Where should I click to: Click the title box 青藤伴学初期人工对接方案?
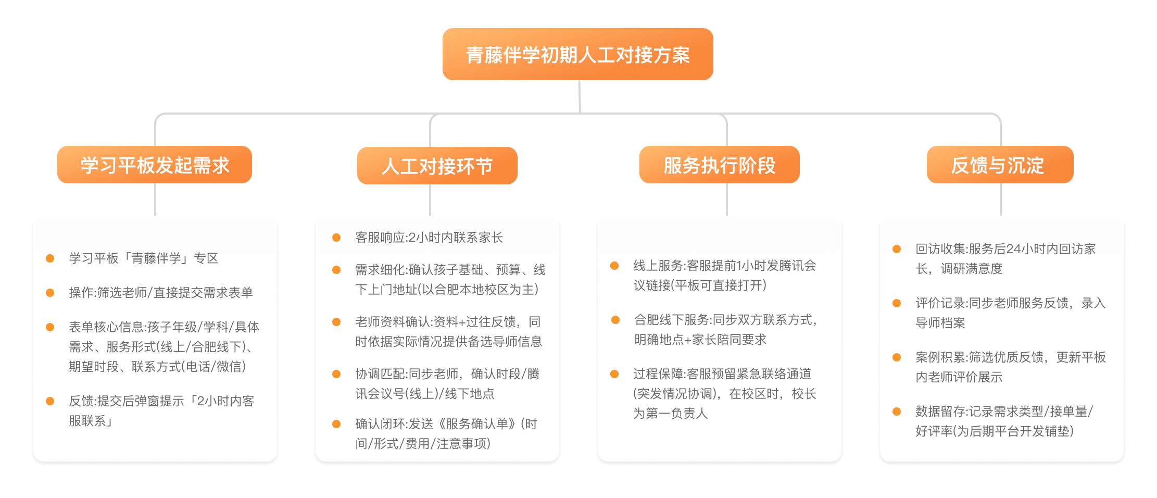click(x=577, y=54)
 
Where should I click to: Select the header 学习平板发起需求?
click(x=155, y=165)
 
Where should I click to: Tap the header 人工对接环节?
click(x=437, y=166)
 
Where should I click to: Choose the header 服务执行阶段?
click(x=719, y=165)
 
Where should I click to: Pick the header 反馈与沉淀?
click(x=1000, y=165)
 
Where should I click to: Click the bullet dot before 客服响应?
click(x=336, y=238)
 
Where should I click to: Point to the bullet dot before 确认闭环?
click(x=336, y=424)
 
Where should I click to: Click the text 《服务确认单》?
click(x=476, y=424)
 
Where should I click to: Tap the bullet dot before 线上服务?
click(x=614, y=266)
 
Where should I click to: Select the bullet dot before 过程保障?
click(x=614, y=374)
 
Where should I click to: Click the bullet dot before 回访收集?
click(x=897, y=249)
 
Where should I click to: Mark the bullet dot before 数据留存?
click(x=897, y=412)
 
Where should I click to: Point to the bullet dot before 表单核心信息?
click(x=50, y=327)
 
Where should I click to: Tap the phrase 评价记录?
click(x=940, y=303)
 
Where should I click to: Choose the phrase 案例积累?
click(x=940, y=357)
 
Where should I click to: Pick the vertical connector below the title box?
click(x=580, y=96)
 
